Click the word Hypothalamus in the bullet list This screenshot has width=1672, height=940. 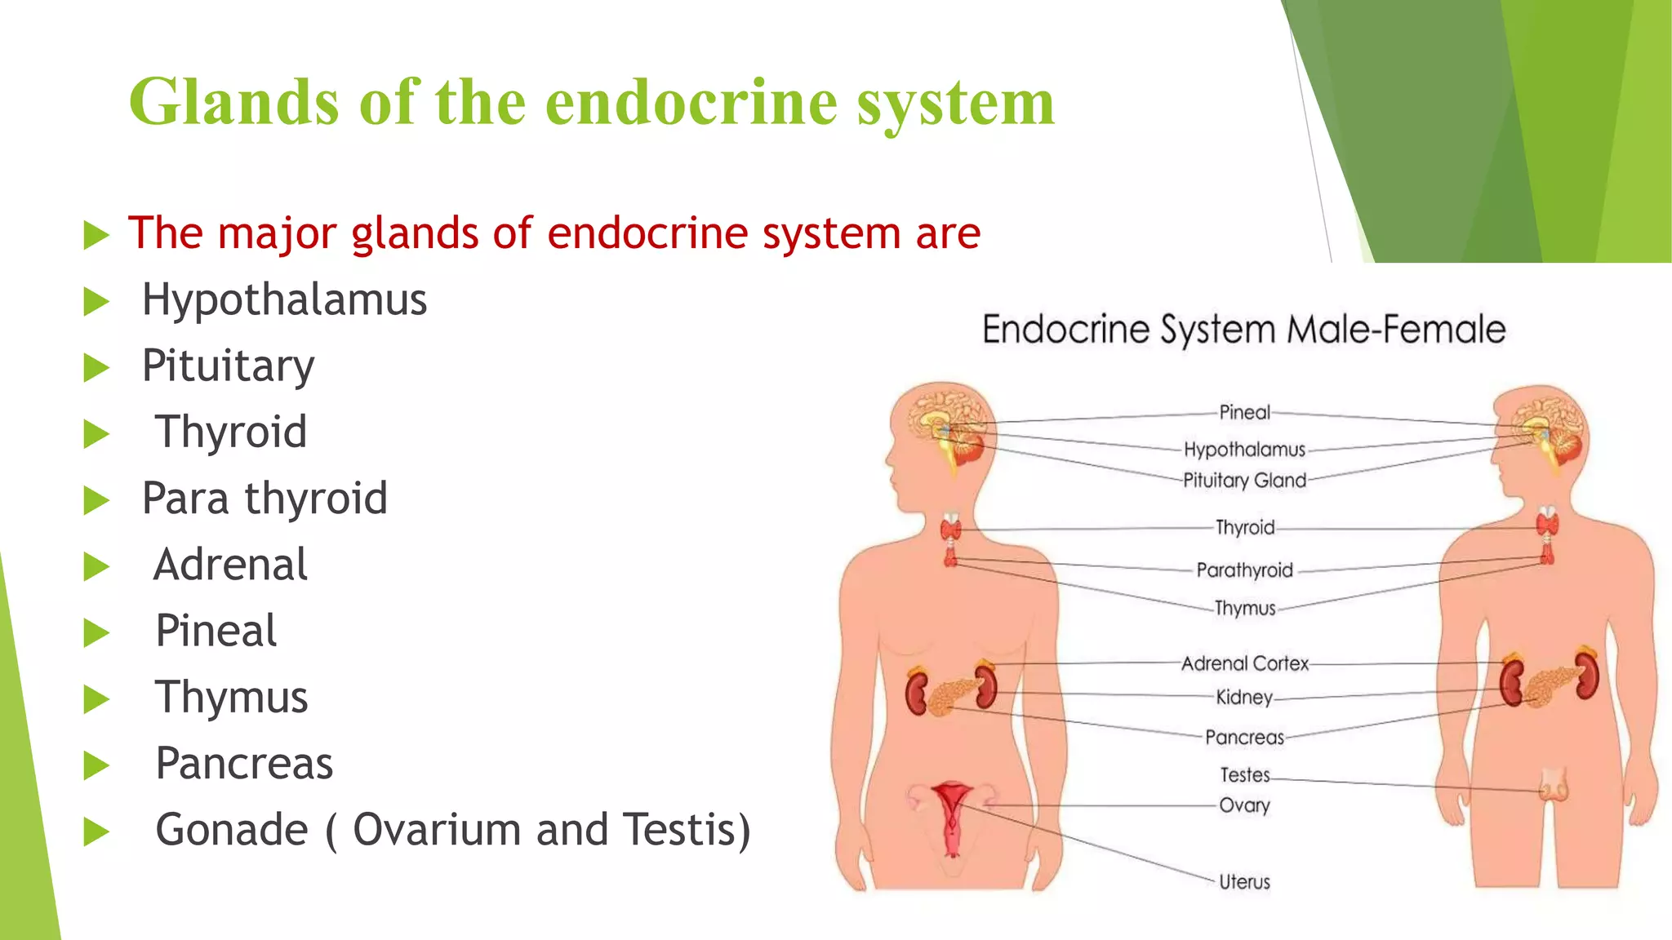point(284,300)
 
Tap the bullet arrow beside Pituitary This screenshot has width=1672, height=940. point(96,368)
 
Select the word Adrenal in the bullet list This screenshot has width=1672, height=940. point(231,565)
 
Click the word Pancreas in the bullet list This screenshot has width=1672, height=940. point(244,764)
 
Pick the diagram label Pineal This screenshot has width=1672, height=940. point(1244,413)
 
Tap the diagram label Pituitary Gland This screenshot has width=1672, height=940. point(1244,481)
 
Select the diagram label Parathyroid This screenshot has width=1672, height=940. point(1244,570)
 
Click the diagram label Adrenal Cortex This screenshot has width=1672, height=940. point(1244,664)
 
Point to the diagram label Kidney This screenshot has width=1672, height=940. point(1244,698)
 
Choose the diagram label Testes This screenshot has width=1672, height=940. point(1244,774)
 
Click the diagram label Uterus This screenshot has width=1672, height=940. point(1244,882)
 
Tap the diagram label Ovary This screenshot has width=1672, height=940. point(1244,805)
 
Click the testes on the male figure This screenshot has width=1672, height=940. point(1553,788)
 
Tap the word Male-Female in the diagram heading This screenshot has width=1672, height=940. point(1396,330)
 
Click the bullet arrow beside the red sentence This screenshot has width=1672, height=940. point(96,236)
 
